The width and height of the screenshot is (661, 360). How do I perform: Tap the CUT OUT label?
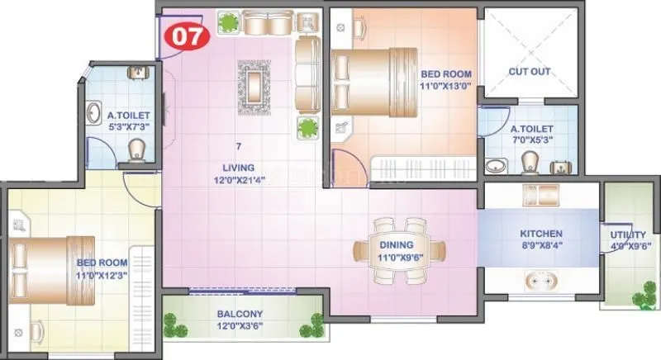(529, 72)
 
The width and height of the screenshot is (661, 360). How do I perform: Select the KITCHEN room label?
(541, 234)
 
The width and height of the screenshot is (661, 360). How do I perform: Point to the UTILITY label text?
(627, 234)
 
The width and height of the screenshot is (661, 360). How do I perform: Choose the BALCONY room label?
(240, 314)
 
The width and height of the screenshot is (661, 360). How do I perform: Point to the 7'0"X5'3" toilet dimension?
(533, 141)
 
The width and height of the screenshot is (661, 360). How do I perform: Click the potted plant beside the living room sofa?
(308, 128)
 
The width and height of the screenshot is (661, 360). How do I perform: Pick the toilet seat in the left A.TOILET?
(138, 150)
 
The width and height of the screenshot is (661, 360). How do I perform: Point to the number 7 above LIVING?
(238, 146)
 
